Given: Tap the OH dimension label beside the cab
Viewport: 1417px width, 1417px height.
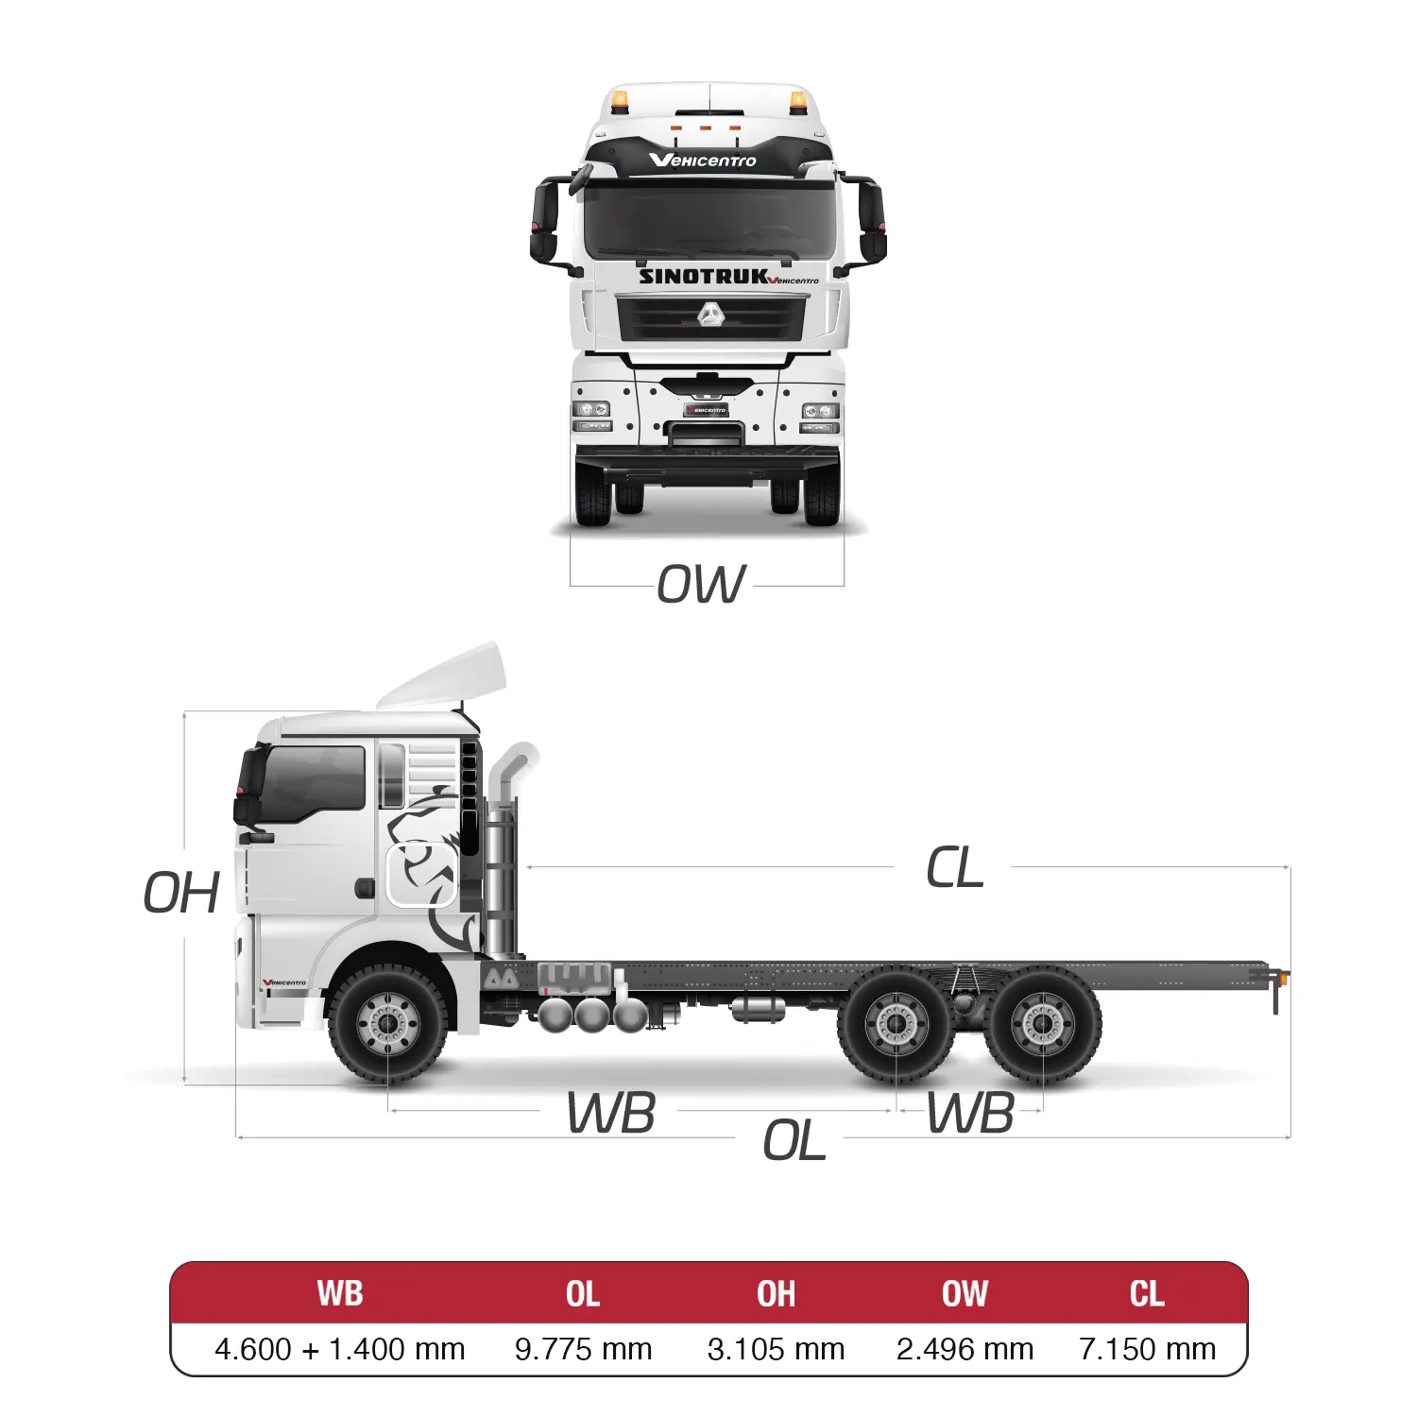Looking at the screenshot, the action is [181, 893].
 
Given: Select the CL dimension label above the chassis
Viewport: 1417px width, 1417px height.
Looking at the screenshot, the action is [955, 867].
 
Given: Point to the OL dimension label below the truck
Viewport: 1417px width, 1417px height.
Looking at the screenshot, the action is [794, 1141].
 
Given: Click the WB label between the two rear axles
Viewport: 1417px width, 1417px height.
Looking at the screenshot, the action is [970, 1113].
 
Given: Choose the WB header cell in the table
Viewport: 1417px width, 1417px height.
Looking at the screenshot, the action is [340, 1293].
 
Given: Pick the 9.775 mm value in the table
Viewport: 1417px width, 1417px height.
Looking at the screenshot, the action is [583, 1349].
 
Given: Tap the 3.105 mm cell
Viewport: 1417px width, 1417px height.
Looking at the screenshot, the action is [776, 1349].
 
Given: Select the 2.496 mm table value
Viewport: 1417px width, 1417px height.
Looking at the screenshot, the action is [965, 1349].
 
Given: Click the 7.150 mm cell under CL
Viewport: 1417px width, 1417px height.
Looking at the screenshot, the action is [1147, 1349].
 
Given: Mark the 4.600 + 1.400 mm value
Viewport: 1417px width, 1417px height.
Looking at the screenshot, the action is [340, 1349].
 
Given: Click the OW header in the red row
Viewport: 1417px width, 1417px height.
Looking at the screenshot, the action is [965, 1293].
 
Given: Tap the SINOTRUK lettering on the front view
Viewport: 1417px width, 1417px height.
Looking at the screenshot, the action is [704, 277].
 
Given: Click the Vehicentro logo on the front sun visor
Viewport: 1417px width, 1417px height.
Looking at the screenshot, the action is [703, 160].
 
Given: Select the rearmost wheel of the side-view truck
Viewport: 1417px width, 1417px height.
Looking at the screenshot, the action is [1042, 1025].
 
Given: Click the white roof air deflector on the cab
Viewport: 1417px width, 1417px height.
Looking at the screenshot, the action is [442, 676].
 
